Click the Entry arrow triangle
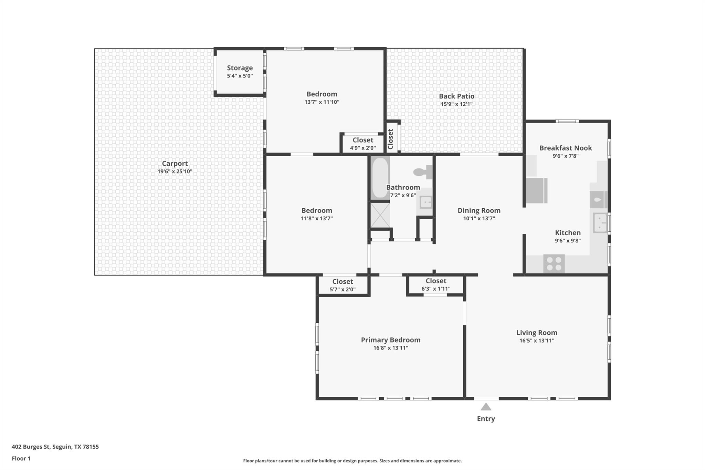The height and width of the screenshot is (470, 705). tap(486, 407)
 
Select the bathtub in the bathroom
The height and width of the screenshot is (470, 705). tap(380, 178)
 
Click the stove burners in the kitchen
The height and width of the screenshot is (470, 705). tap(554, 264)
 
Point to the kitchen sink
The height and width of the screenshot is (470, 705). tap(600, 223)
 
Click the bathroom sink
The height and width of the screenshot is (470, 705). tap(425, 202)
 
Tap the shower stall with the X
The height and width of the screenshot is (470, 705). tap(380, 215)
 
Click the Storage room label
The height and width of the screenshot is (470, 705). tap(240, 68)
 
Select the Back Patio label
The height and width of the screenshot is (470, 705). tap(456, 96)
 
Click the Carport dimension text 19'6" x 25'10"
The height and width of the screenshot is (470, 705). tap(175, 171)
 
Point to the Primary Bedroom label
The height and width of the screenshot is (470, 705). tap(391, 340)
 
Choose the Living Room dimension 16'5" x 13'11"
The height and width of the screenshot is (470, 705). tap(537, 341)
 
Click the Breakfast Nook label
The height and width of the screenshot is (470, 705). tap(566, 148)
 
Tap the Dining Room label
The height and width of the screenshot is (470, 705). tap(479, 210)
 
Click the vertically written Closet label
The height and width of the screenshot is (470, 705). tap(390, 139)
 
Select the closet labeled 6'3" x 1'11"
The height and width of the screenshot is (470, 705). tap(436, 284)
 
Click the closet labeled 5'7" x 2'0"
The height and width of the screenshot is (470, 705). tap(343, 285)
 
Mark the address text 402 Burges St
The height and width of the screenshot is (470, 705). tap(31, 447)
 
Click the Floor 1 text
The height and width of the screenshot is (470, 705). tap(21, 458)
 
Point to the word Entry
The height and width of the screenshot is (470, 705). tap(486, 419)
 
